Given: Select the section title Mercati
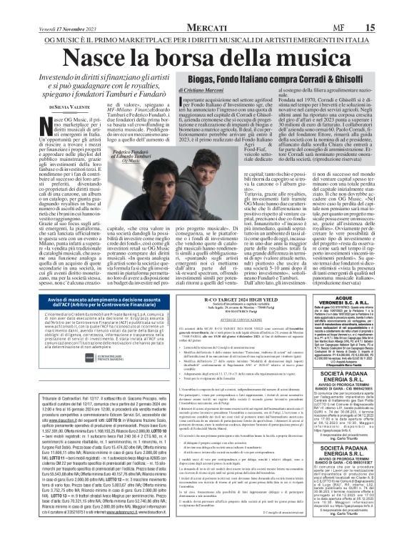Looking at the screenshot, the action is [x=206, y=8].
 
